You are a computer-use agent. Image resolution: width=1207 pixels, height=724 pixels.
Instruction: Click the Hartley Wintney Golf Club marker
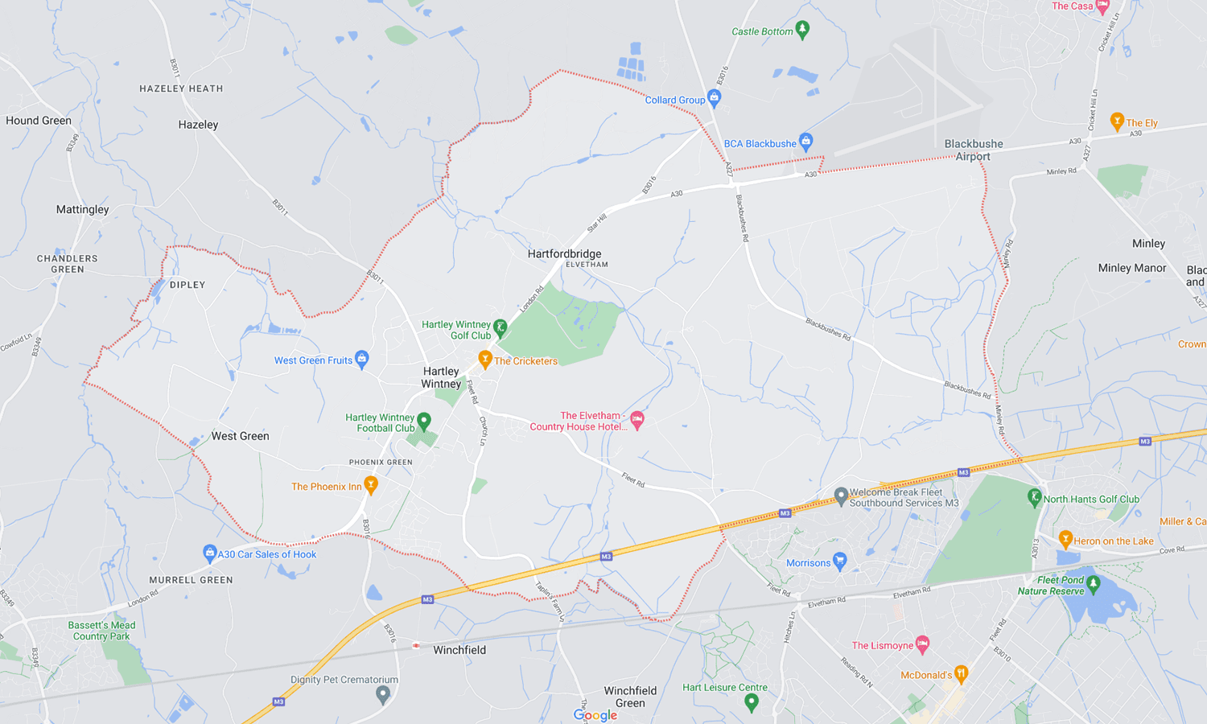pos(500,327)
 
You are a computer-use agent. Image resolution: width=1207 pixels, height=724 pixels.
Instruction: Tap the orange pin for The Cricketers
pos(484,359)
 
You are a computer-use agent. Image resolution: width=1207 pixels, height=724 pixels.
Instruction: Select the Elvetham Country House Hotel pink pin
pos(637,420)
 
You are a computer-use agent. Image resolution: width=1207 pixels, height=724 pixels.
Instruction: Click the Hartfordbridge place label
pos(564,253)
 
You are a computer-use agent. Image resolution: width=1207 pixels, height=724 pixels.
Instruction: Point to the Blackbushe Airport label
pos(973,150)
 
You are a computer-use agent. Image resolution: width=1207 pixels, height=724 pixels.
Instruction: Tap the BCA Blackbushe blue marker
pos(805,142)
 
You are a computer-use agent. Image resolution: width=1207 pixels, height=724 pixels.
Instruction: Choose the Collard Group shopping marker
pos(714,98)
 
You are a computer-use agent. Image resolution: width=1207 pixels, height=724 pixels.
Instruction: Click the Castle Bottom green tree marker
pos(802,30)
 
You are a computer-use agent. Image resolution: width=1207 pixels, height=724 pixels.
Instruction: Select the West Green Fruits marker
pos(362,359)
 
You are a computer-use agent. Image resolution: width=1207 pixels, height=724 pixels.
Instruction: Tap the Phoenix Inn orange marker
pos(371,484)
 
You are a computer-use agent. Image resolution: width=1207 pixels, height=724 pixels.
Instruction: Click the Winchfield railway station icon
pos(416,645)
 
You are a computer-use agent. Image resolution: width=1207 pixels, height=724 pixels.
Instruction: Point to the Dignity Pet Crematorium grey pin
pos(383,693)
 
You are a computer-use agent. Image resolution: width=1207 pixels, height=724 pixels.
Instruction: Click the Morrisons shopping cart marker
pos(840,561)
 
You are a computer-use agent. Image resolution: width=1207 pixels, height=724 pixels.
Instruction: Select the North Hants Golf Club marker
pos(1035,497)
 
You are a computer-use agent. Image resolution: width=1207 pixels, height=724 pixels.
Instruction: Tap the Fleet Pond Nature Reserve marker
pos(1093,583)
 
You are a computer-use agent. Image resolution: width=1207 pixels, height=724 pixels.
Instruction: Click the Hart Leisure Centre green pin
pos(751,701)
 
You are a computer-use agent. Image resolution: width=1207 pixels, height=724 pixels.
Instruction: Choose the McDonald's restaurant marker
pos(960,673)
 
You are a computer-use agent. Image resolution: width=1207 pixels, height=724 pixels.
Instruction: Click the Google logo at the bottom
pos(595,714)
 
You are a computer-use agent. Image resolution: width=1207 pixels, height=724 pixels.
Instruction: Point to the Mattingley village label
pos(82,209)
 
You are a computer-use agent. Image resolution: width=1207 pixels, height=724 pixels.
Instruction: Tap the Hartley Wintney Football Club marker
pos(424,421)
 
